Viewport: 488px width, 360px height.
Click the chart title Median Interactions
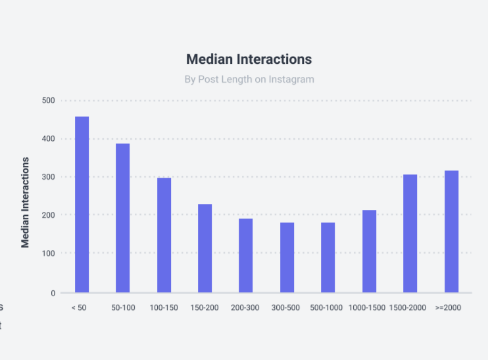point(249,59)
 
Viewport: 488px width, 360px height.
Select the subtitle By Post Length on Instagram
point(249,80)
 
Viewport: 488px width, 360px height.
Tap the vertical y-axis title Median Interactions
point(26,202)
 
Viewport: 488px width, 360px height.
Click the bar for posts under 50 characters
point(82,205)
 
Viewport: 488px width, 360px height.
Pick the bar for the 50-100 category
point(123,218)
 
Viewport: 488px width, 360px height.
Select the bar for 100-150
point(164,235)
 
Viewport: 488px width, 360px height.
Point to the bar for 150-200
point(205,248)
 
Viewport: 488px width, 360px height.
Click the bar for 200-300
point(245,255)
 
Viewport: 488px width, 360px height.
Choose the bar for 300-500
point(287,257)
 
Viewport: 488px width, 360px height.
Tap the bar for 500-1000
point(328,257)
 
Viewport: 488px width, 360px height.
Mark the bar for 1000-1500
point(369,251)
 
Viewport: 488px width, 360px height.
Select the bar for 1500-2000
point(410,234)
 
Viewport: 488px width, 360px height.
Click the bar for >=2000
point(451,232)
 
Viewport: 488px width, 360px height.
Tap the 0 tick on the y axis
point(53,293)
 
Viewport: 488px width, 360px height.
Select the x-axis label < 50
point(79,308)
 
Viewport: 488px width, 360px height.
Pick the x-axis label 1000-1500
point(366,308)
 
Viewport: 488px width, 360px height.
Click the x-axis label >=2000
point(448,308)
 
